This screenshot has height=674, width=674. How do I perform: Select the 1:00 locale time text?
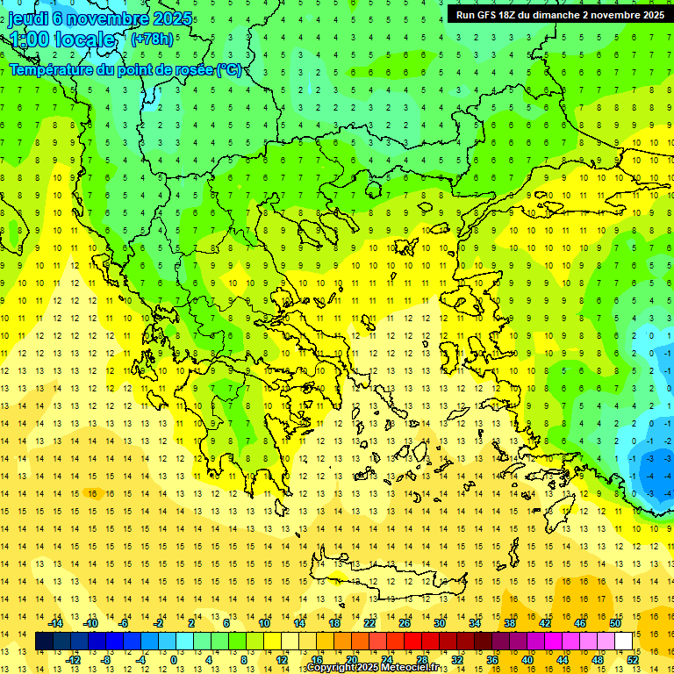(61, 39)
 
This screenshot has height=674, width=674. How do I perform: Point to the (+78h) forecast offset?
(151, 39)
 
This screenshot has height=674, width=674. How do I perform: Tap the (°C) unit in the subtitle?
(229, 70)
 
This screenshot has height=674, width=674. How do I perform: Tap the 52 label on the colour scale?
(633, 660)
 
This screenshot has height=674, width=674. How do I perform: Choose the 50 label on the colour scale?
(615, 623)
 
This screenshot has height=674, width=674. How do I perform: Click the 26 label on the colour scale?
(405, 623)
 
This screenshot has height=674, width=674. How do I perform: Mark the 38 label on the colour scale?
(510, 623)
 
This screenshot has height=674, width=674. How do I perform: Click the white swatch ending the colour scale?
(624, 642)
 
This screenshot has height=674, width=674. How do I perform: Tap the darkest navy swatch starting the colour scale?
(44, 642)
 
